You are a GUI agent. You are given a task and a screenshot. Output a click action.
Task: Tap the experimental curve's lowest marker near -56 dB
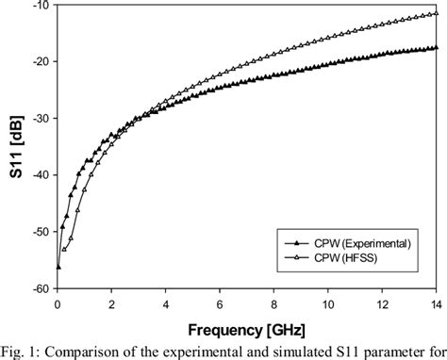point(58,267)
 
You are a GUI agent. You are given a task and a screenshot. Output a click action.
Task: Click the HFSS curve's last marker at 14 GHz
point(436,13)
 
